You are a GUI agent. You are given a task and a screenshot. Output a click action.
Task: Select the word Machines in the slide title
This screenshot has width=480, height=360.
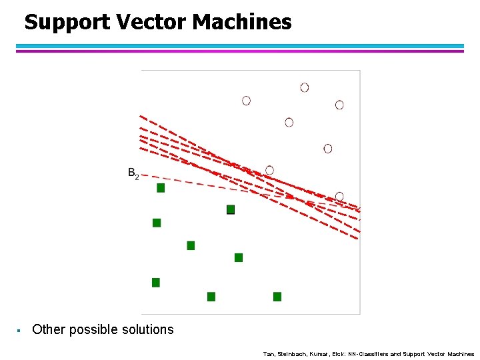coord(242,23)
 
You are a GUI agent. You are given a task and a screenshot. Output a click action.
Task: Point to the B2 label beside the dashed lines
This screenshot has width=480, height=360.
coord(133,174)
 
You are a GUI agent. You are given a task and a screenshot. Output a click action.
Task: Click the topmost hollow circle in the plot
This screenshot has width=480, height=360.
coord(305,87)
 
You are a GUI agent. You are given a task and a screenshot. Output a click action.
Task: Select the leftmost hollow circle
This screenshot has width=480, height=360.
coord(246,101)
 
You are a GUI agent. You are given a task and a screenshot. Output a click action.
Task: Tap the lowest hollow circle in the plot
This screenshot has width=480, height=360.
coord(339,196)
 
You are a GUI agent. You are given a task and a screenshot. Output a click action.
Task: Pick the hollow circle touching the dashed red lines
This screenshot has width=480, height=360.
coord(269,170)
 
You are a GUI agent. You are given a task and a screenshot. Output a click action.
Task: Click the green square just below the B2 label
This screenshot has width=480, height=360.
coord(161,188)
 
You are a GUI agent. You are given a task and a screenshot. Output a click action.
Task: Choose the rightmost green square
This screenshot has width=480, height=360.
coord(277,297)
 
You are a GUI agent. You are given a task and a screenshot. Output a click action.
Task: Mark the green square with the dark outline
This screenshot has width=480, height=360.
coord(231,209)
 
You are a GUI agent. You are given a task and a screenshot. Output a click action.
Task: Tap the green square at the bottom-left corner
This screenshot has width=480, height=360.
coord(156,283)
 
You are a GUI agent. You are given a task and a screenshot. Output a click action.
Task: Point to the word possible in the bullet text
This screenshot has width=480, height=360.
coord(90,329)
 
